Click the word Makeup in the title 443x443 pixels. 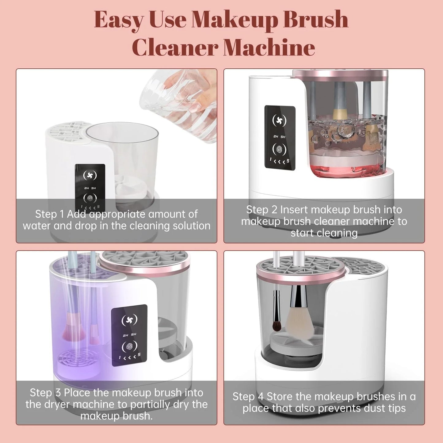[234, 20]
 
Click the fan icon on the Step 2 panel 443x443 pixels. [279, 121]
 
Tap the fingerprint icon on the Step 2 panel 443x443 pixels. [279, 149]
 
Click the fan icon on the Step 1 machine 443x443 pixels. [90, 175]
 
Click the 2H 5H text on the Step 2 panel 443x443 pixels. [279, 137]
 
